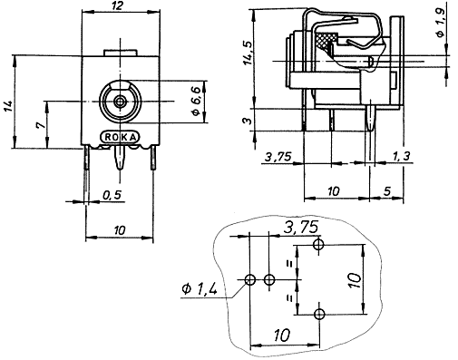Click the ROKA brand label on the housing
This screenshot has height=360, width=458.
121,137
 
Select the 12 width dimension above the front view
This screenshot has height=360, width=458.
117,5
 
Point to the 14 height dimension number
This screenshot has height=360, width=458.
9,106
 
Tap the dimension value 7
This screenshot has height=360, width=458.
41,125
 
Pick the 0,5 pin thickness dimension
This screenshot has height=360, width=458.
112,195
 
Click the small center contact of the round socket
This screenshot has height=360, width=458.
121,101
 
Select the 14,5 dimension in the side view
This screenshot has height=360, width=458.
248,52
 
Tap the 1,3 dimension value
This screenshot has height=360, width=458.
401,156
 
